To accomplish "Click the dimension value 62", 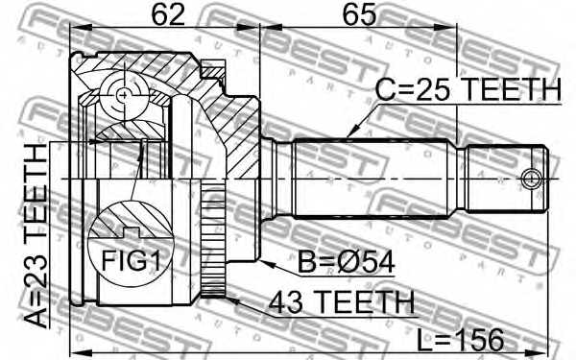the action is (x=168, y=14).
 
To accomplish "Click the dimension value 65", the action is (x=359, y=14).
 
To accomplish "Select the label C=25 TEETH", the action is (x=468, y=90).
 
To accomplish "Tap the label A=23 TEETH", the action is (x=36, y=236).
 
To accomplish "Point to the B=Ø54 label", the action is (x=346, y=261).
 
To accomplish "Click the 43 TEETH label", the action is (x=341, y=302).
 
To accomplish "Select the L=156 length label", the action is (x=460, y=340).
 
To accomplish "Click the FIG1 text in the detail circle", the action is (x=132, y=260).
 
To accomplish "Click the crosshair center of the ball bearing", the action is (x=124, y=95).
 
